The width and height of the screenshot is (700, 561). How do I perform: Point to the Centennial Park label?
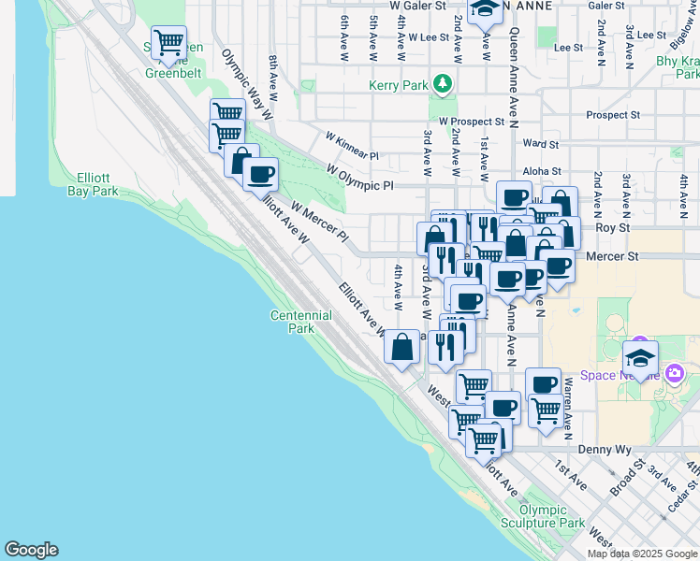[300, 322]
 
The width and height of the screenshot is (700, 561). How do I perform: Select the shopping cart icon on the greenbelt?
[168, 42]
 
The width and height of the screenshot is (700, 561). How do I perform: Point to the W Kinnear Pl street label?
[352, 146]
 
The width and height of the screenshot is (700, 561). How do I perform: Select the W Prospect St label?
[471, 122]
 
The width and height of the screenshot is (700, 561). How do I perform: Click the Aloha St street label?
[542, 171]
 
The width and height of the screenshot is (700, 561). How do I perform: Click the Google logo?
[31, 550]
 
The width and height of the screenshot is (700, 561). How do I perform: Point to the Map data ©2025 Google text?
[641, 554]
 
